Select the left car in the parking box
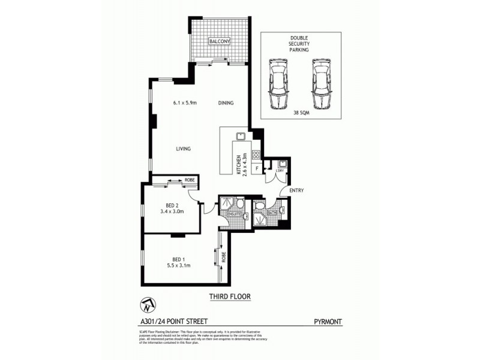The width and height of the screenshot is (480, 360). point(278,85)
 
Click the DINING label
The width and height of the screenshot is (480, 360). point(226,103)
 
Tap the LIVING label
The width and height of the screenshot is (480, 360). point(183,149)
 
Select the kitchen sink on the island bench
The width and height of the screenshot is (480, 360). point(238,136)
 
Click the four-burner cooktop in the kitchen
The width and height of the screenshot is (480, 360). point(256,155)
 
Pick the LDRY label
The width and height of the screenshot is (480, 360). point(279,170)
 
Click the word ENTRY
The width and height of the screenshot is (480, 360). point(296,190)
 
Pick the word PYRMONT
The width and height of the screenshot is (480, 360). point(328,322)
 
